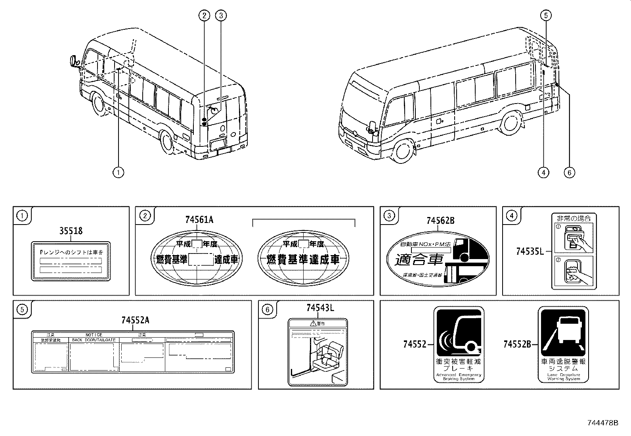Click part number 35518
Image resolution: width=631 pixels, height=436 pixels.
click(x=71, y=230)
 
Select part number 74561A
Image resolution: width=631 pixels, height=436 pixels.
click(x=199, y=219)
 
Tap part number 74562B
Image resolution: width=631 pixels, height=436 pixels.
click(x=440, y=221)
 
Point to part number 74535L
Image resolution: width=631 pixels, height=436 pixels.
click(x=530, y=251)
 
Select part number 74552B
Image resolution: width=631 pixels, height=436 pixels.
click(x=517, y=344)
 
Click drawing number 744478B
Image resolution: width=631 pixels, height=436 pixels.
click(x=602, y=423)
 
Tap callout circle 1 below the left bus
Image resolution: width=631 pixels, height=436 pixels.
click(x=118, y=172)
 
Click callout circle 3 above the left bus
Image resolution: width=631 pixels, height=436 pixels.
click(x=221, y=15)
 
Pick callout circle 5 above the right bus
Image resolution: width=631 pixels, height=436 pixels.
click(x=546, y=15)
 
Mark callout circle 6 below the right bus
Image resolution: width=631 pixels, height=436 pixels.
click(x=569, y=172)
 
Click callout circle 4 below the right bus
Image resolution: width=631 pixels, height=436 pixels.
click(x=543, y=172)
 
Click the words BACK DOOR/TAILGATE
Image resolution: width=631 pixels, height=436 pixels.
click(x=94, y=340)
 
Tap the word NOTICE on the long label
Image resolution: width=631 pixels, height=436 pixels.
click(x=94, y=335)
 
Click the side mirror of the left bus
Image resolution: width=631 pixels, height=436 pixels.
click(x=73, y=61)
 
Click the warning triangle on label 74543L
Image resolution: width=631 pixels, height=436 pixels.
click(x=313, y=323)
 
